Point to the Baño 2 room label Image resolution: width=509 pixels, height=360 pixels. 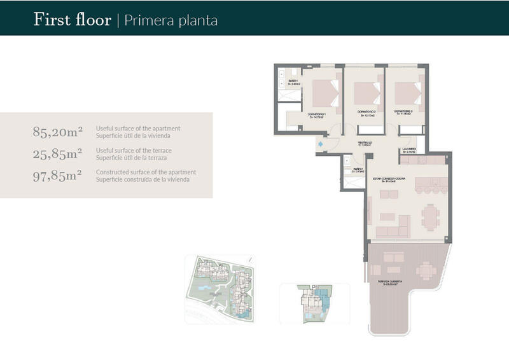[x=358, y=169]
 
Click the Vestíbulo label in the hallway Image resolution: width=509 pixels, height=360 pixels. [x=363, y=143]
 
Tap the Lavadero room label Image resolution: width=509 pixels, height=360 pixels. [x=408, y=151]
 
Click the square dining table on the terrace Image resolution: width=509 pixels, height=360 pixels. [x=426, y=270]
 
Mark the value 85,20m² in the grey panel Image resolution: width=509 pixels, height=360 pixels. [x=58, y=132]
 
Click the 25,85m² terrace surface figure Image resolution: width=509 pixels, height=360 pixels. [x=58, y=153]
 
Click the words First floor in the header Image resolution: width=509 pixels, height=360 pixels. [x=72, y=20]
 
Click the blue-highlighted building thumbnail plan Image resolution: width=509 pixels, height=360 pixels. [x=314, y=304]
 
